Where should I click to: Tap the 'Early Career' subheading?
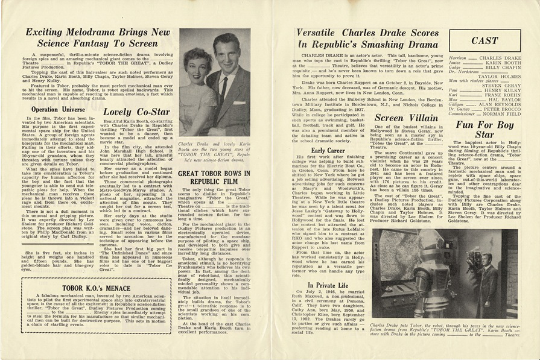coord(328,150)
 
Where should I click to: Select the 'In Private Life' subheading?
coord(328,285)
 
